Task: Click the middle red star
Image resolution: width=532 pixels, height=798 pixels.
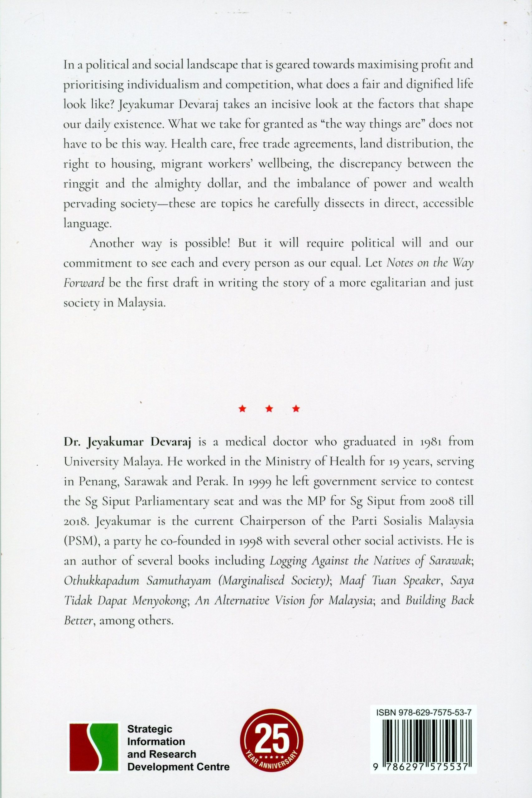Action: [x=269, y=409]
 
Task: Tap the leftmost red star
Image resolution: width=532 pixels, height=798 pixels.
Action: [x=242, y=409]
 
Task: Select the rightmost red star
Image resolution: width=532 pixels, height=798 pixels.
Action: [x=296, y=409]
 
